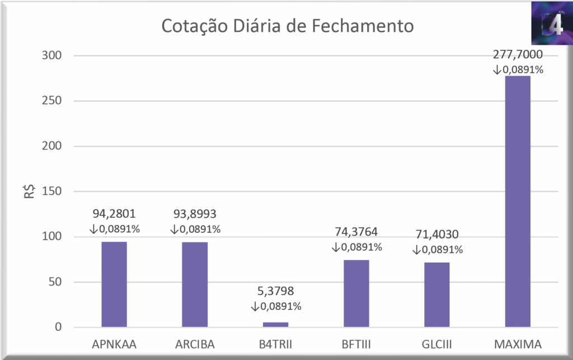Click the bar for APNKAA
pos(114,284)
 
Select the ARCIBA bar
pos(195,284)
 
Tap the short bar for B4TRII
pos(275,324)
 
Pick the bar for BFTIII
pos(356,293)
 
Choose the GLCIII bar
pos(437,294)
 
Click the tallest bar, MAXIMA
pos(518,202)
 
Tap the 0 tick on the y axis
pos(58,328)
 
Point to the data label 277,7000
pos(518,55)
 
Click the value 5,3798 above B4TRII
pos(275,291)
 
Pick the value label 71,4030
pos(437,234)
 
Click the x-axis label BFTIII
pos(356,343)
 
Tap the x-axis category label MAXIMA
pos(518,343)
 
